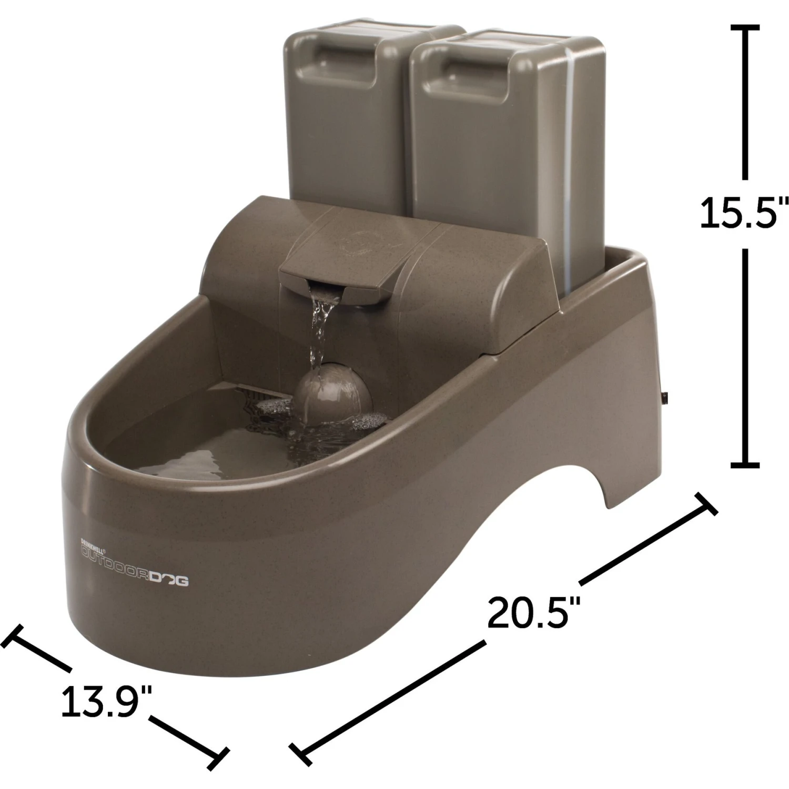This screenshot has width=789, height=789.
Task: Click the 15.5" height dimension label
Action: [x=743, y=213]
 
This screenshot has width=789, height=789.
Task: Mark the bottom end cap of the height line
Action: [x=745, y=464]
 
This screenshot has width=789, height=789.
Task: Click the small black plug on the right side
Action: [x=665, y=398]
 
